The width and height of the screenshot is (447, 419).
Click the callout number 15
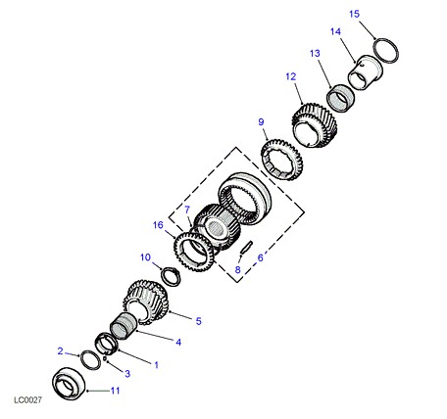pyautogui.click(x=354, y=15)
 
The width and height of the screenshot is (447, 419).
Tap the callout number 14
pyautogui.click(x=335, y=31)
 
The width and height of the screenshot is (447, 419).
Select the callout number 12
pyautogui.click(x=291, y=76)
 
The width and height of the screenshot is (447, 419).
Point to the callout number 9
pyautogui.click(x=261, y=122)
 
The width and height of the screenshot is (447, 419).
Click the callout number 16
pyautogui.click(x=158, y=225)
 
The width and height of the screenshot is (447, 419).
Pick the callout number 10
pyautogui.click(x=145, y=257)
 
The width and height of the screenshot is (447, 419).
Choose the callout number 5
pyautogui.click(x=199, y=321)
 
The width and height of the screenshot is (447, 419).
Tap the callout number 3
pyautogui.click(x=127, y=374)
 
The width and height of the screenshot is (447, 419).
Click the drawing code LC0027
pyautogui.click(x=27, y=399)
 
